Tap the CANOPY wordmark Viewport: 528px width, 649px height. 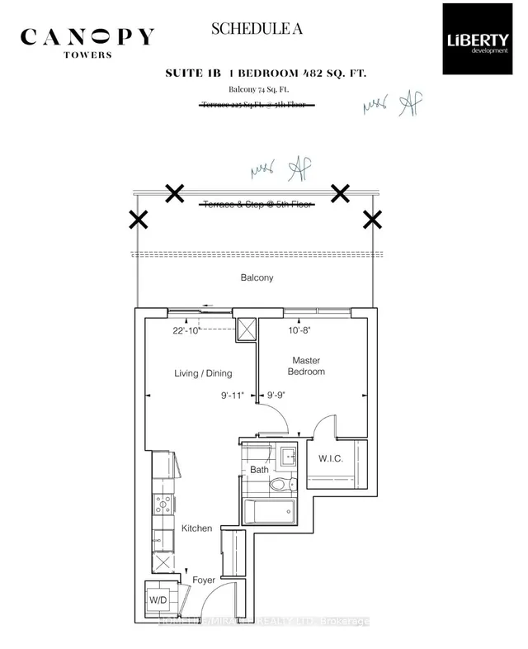(x=87, y=38)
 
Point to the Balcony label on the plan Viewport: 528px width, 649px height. (x=257, y=277)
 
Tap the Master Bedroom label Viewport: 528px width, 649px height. (x=305, y=366)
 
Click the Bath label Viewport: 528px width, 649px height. (x=260, y=471)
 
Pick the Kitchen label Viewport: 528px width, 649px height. (x=197, y=528)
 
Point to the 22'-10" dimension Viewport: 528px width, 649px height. (x=187, y=331)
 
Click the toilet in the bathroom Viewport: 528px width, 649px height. (x=280, y=486)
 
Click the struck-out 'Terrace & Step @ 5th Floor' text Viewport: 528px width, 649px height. (x=257, y=204)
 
